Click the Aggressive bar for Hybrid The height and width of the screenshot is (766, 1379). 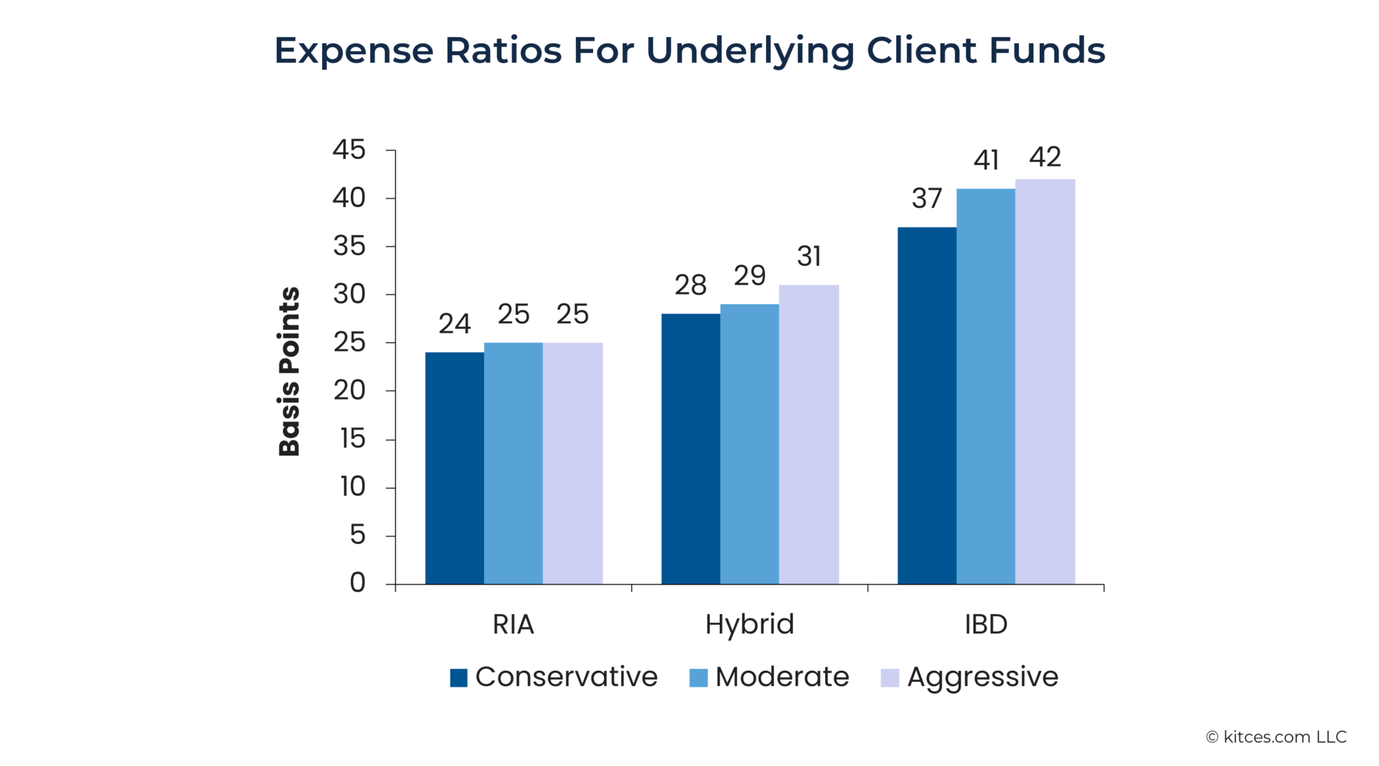click(809, 434)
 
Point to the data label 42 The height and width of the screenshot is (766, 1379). click(1045, 157)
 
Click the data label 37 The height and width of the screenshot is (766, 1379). click(927, 199)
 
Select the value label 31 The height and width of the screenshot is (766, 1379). click(809, 257)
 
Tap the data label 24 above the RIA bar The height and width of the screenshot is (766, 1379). click(454, 324)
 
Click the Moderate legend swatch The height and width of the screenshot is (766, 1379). click(698, 678)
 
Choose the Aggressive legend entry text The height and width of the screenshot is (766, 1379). click(983, 677)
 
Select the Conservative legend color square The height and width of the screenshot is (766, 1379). click(459, 678)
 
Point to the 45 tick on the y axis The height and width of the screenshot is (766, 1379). click(349, 150)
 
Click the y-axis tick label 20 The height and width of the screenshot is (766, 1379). click(349, 391)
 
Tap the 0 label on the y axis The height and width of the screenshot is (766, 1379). click(357, 583)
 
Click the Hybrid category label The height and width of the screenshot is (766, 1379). click(749, 625)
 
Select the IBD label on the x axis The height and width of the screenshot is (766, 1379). click(986, 625)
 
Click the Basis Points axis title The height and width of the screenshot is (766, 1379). click(290, 371)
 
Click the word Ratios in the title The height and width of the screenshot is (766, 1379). click(503, 50)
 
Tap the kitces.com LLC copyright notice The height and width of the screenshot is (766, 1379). click(1276, 737)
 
